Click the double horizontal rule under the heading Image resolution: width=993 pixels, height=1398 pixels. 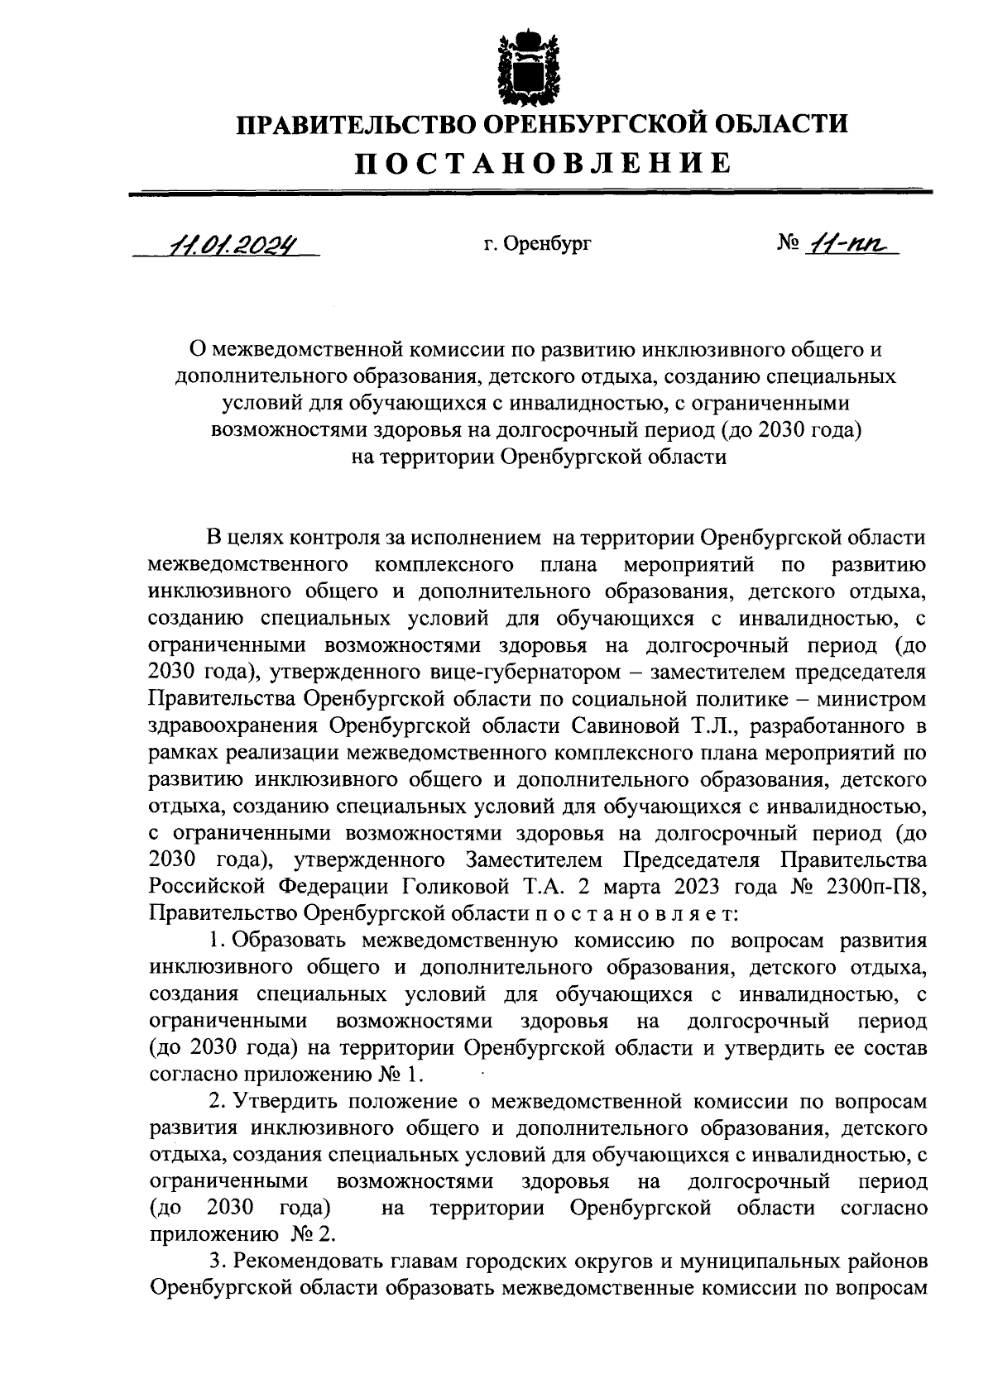tap(530, 193)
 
